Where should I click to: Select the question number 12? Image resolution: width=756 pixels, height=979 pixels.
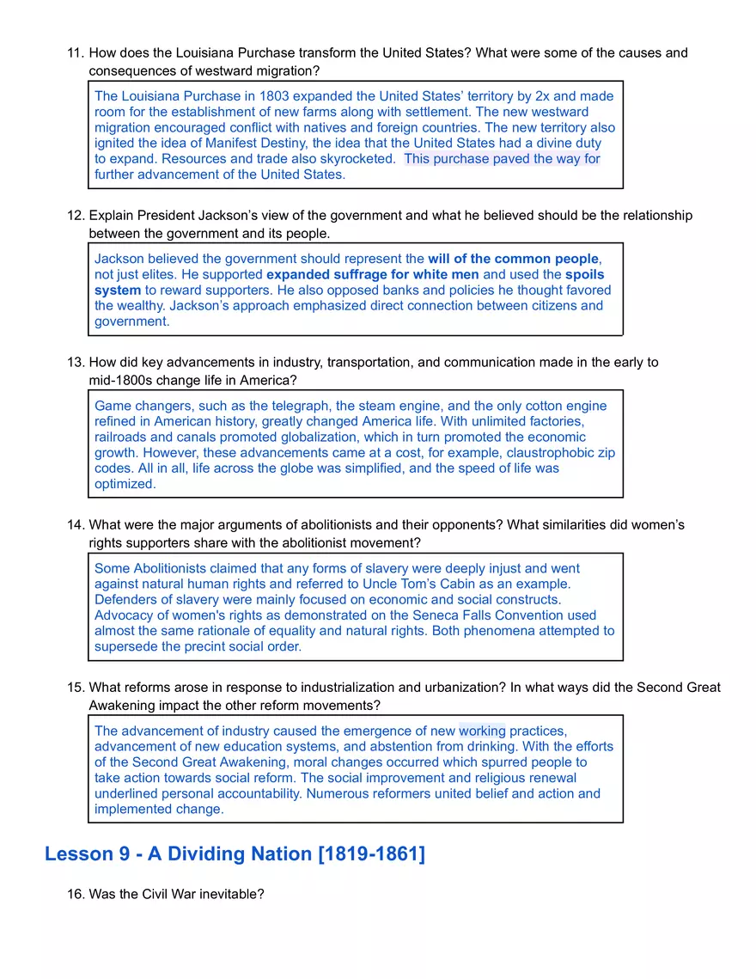click(x=76, y=216)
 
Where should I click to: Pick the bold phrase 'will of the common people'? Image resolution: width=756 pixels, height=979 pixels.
click(x=513, y=259)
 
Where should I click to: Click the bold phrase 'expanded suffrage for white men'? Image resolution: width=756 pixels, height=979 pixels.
click(x=373, y=274)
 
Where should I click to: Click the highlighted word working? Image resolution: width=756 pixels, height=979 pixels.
click(x=482, y=731)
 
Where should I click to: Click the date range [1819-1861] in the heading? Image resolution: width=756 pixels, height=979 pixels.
click(x=371, y=854)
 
